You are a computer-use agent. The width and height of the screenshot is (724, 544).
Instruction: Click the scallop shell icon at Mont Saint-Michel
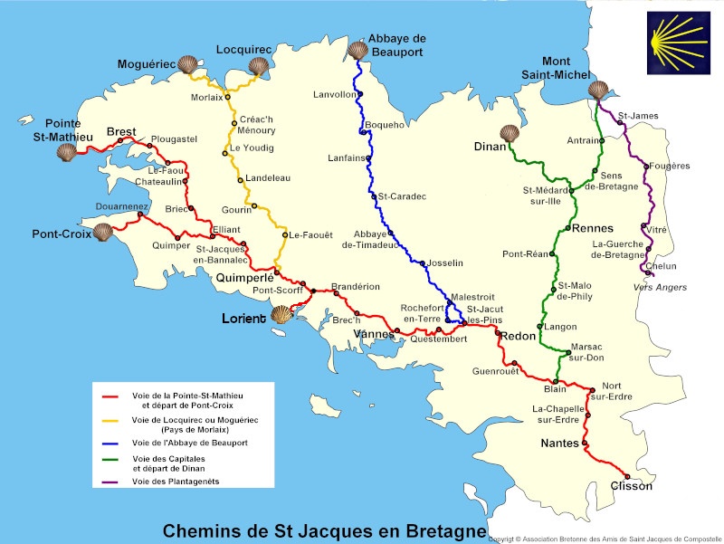coord(598,91)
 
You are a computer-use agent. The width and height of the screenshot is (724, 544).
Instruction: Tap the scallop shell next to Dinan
coord(510,134)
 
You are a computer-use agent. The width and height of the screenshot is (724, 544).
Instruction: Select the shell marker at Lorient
coord(281,315)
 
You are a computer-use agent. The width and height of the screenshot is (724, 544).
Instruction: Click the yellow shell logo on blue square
coord(677,43)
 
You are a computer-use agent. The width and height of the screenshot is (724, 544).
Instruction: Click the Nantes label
coord(559,444)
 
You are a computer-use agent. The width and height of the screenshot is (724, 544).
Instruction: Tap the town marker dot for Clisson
coord(627,475)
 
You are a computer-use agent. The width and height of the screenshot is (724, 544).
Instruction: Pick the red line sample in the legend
coord(112,396)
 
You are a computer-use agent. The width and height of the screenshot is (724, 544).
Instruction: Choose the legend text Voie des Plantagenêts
coord(176,482)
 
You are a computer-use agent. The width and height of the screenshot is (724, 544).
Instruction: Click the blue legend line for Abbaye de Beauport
coord(112,444)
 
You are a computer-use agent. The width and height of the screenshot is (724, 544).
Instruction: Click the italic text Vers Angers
coord(662,287)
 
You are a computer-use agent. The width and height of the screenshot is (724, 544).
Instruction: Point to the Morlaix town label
coord(206,97)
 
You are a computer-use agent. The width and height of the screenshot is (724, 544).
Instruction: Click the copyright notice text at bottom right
coord(605,539)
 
